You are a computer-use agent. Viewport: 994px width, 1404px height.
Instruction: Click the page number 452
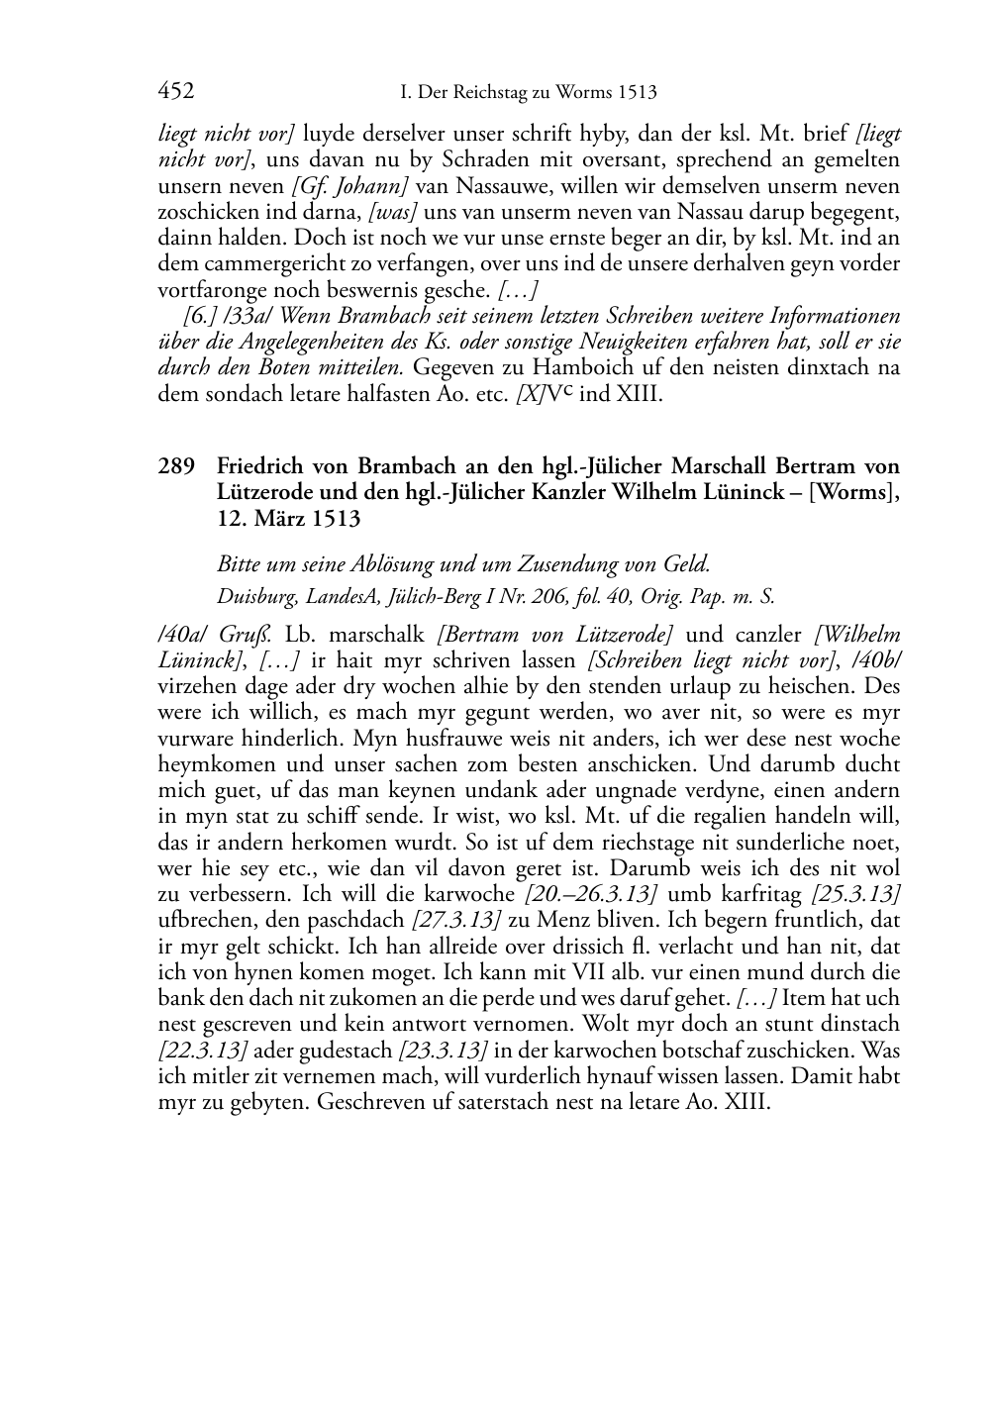(x=176, y=92)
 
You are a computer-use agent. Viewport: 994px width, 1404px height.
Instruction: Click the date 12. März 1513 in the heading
(x=288, y=518)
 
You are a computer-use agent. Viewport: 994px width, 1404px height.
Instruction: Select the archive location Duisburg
(x=251, y=597)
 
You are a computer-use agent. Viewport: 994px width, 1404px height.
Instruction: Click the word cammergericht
(x=258, y=263)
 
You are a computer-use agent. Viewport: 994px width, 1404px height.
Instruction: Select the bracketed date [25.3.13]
(x=855, y=894)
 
